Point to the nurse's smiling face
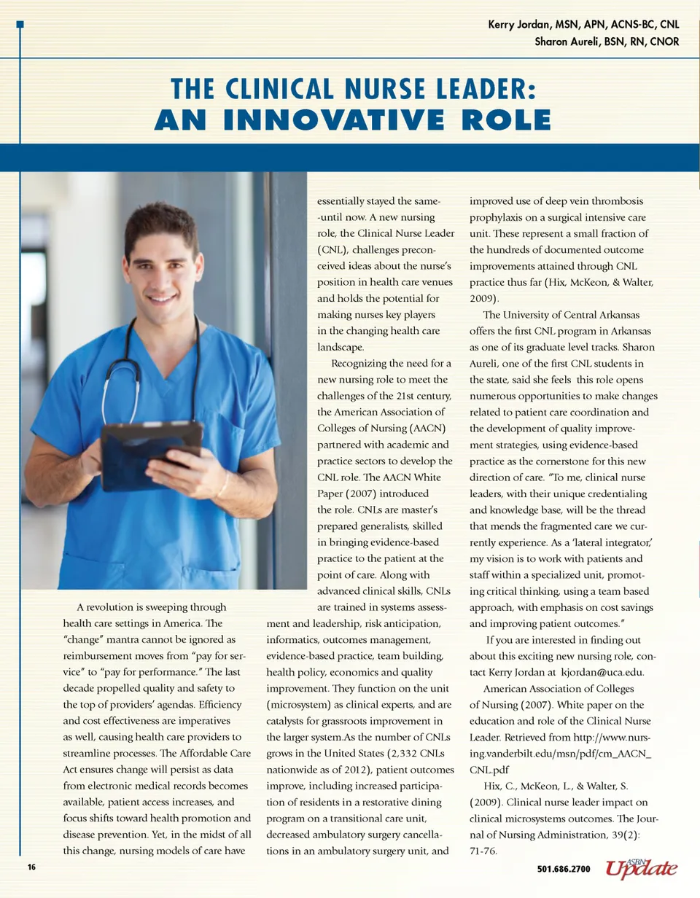(162, 262)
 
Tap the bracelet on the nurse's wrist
(222, 483)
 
